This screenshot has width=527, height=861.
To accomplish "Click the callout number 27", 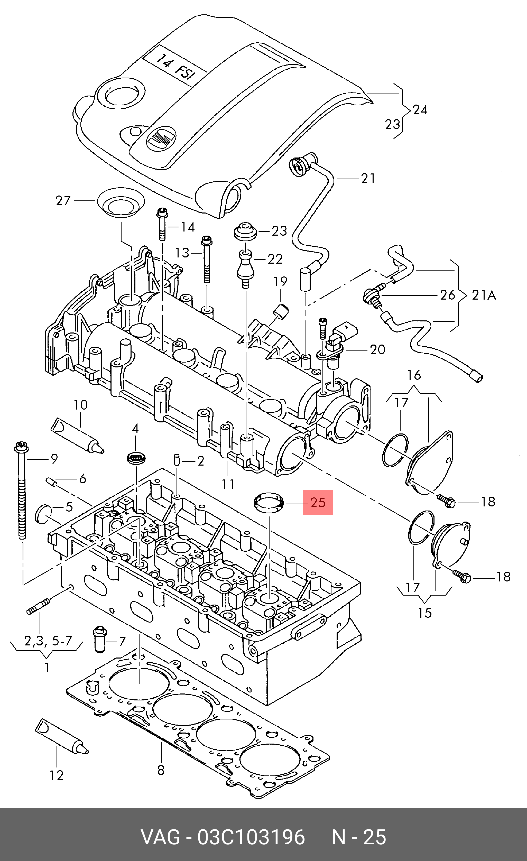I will click(63, 201).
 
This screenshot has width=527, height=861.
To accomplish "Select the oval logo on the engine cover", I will click(161, 139).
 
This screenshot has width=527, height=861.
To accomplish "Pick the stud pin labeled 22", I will click(245, 269).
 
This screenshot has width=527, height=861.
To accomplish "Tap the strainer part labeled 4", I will click(136, 458).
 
